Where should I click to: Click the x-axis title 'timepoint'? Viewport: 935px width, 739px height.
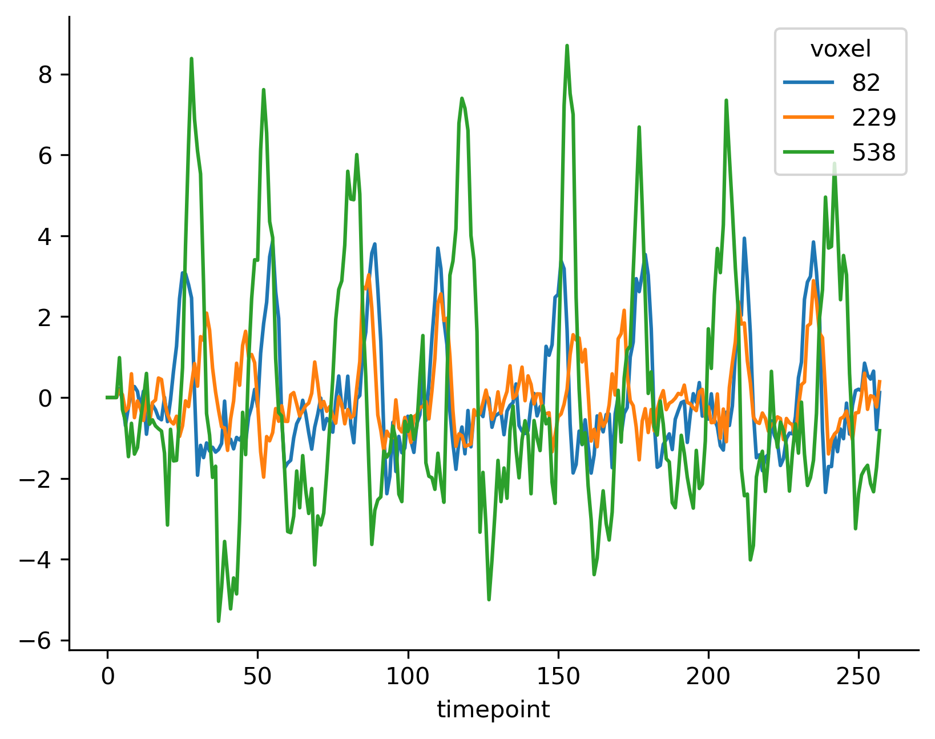493,710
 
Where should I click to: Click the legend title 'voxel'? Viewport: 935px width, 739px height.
840,50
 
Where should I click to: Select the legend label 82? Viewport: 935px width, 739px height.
866,83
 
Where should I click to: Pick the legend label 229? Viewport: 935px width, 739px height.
874,118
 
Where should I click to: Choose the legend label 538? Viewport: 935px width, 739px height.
874,152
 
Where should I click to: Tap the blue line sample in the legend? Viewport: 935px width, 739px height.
808,83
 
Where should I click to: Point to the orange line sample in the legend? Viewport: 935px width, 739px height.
808,118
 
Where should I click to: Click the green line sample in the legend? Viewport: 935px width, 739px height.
808,152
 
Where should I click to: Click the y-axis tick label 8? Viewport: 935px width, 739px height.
46,75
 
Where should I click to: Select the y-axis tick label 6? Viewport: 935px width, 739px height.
46,156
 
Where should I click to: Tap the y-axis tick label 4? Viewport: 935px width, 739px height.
46,236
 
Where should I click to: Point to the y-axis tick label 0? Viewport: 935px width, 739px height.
46,398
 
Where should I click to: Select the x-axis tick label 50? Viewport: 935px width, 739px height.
257,677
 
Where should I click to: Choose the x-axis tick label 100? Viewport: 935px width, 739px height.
408,677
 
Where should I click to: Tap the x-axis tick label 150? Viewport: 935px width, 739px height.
558,677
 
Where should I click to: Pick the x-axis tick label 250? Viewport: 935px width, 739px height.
859,677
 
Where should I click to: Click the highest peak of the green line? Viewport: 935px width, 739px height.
567,45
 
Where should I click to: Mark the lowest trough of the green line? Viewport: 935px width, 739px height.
219,621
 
